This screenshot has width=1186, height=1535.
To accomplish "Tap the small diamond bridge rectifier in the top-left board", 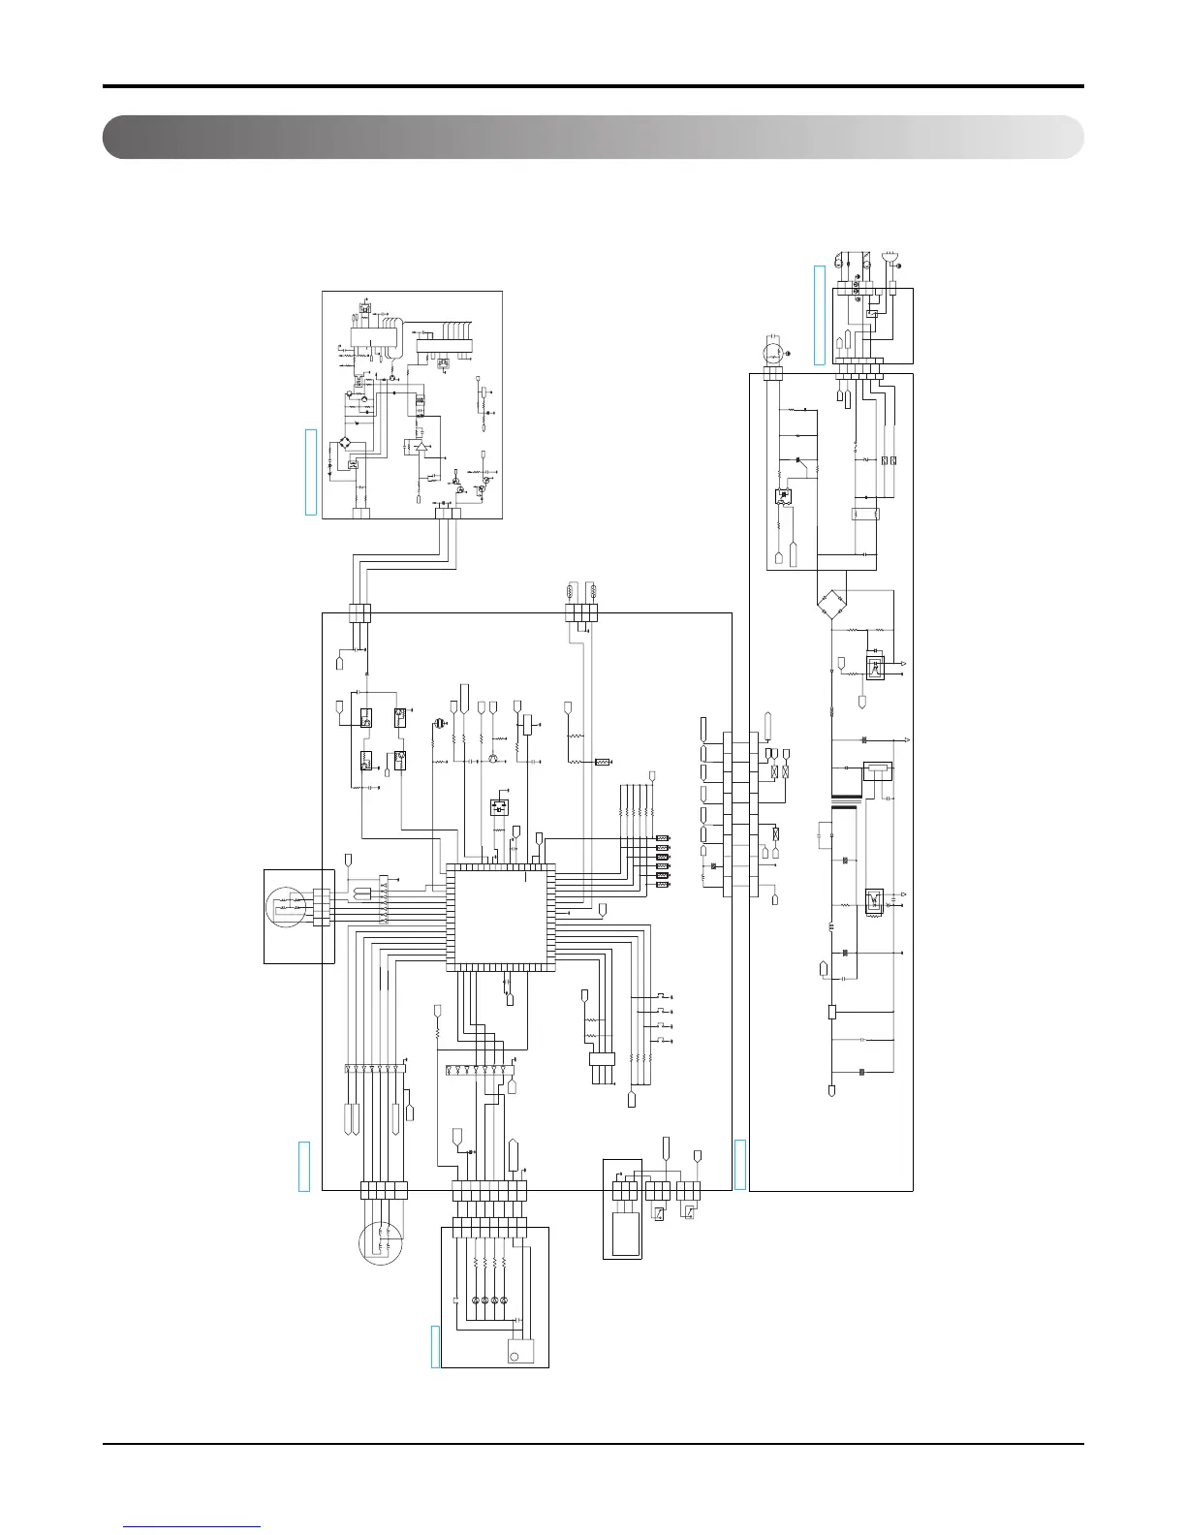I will point(345,444).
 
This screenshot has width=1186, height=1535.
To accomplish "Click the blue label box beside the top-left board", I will point(311,471).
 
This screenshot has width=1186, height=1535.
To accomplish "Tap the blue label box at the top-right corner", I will point(819,314).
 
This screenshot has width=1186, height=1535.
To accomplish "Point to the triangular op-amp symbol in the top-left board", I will point(420,449).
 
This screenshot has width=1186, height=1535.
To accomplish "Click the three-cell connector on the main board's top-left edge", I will point(359,613).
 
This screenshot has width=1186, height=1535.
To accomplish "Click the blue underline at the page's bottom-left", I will point(193,1526).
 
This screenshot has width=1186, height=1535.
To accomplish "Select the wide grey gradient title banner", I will point(593,137).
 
